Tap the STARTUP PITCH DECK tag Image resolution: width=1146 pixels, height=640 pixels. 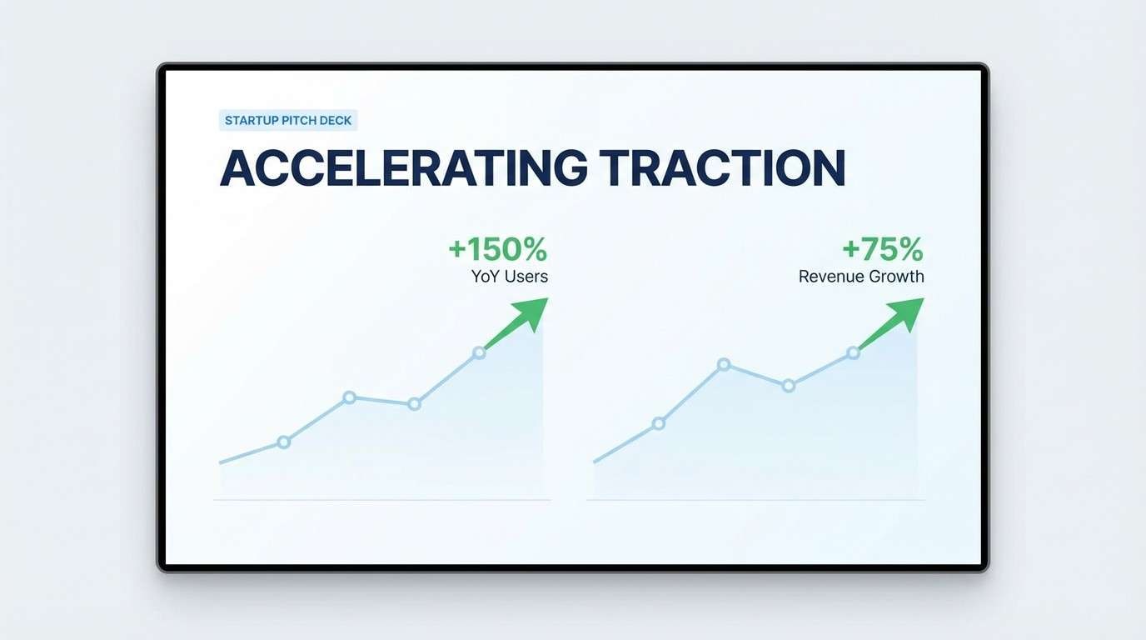point(288,121)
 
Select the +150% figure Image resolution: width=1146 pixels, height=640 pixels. point(497,248)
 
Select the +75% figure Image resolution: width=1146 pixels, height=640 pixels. point(882,248)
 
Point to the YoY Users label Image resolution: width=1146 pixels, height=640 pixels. point(510,277)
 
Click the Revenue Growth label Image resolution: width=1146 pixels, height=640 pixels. point(861,277)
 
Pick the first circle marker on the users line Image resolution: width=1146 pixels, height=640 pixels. point(283,442)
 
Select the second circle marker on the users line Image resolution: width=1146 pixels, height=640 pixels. point(349,397)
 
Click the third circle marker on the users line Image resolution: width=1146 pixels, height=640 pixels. point(414,404)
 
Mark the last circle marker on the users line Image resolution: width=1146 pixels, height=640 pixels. point(479,352)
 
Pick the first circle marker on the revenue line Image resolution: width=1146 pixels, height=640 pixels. point(659,423)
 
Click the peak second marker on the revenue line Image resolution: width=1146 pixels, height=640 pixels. point(724,364)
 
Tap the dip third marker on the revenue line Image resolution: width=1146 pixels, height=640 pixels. point(789,385)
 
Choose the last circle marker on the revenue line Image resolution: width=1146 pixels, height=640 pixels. point(853,353)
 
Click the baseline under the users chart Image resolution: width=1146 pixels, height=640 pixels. point(382,500)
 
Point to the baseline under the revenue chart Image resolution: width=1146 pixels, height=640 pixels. point(755,500)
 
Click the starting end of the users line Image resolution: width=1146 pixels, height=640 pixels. point(222,462)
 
